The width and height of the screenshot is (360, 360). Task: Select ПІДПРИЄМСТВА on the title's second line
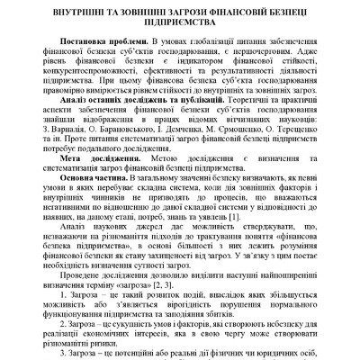[180, 27]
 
